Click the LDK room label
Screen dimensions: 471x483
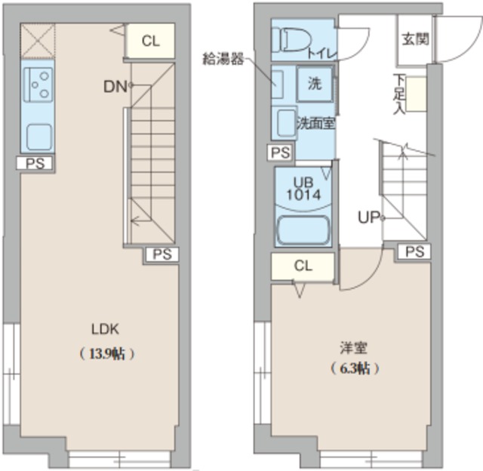[106, 329]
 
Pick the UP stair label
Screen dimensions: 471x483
[369, 219]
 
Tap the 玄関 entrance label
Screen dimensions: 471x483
[414, 38]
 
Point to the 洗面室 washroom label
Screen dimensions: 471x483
[315, 122]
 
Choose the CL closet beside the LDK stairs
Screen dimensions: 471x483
[150, 41]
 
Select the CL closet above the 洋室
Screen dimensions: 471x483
[303, 265]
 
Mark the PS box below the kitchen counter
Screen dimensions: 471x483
[34, 162]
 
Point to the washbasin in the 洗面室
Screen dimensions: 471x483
[285, 122]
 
